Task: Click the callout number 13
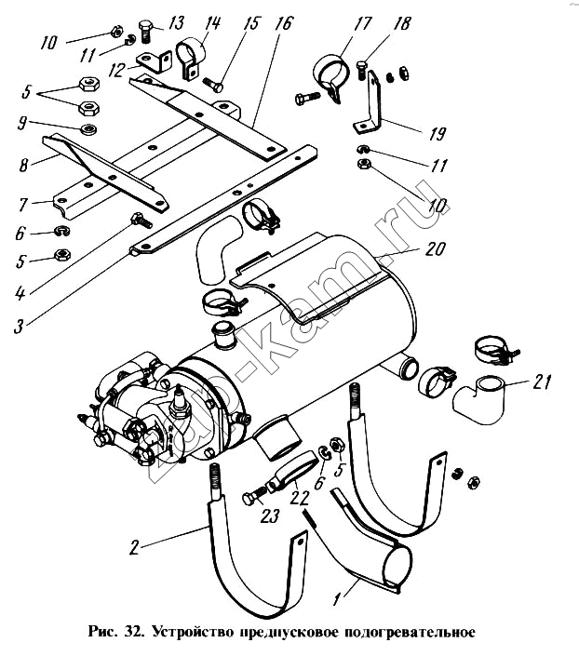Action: pyautogui.click(x=177, y=22)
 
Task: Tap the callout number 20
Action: pyautogui.click(x=435, y=248)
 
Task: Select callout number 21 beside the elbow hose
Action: pyautogui.click(x=542, y=382)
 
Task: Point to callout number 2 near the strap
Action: pyautogui.click(x=133, y=547)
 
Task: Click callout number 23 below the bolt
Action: pyautogui.click(x=269, y=515)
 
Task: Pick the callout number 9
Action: pyautogui.click(x=22, y=123)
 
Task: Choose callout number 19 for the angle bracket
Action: pyautogui.click(x=437, y=133)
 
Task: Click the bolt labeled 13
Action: pyautogui.click(x=145, y=30)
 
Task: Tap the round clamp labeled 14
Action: pyautogui.click(x=191, y=59)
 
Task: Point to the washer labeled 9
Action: pyautogui.click(x=88, y=129)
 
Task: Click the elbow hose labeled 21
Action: pyautogui.click(x=479, y=400)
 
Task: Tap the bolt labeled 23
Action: pyautogui.click(x=254, y=496)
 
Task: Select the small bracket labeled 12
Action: pyautogui.click(x=155, y=62)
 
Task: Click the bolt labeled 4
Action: pyautogui.click(x=141, y=220)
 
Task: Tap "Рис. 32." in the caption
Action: pyautogui.click(x=116, y=631)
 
